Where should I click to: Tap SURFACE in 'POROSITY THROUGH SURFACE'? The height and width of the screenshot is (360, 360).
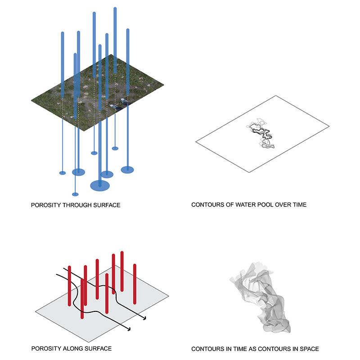pos(108,205)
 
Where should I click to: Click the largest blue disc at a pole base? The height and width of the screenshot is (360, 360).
pos(100,184)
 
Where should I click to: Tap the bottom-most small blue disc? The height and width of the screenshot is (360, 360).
pos(75,194)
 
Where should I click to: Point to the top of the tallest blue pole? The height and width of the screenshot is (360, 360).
pos(115,9)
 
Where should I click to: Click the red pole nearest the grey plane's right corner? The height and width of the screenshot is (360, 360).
pos(135,283)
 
